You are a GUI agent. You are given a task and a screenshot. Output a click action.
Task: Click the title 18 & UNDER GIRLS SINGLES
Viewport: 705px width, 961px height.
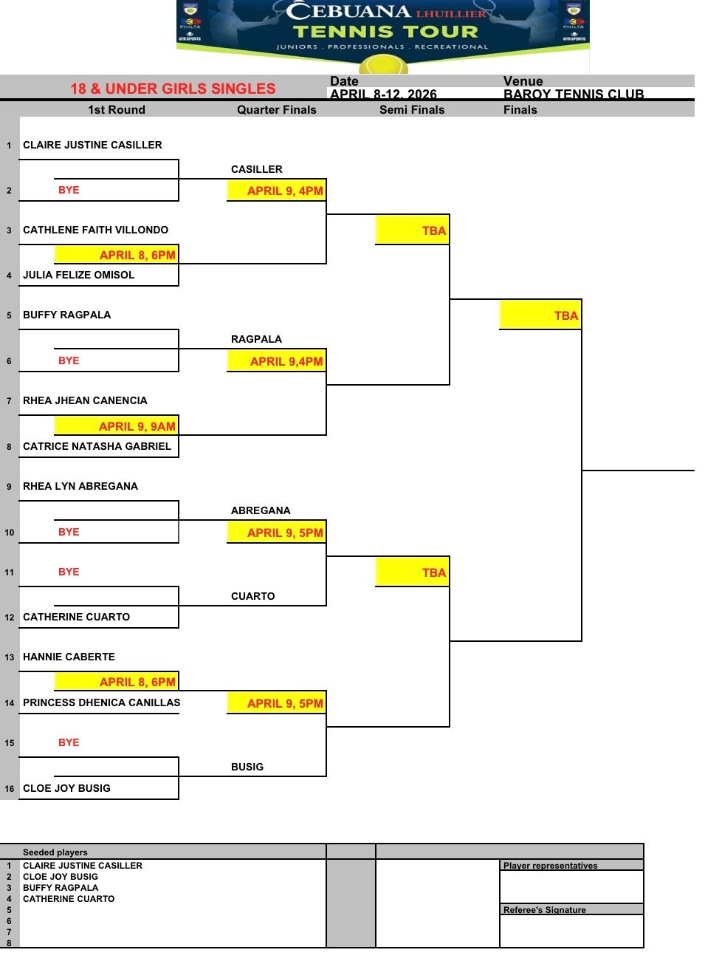click(x=173, y=89)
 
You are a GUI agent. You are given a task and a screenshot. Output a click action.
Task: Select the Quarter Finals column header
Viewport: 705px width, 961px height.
click(x=276, y=110)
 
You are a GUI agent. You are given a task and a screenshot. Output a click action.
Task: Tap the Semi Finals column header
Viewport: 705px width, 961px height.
click(x=412, y=110)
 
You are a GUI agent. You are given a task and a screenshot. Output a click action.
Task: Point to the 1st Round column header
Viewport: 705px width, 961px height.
click(x=117, y=110)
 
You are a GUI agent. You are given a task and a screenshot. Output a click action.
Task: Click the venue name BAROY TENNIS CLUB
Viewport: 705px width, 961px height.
click(x=574, y=94)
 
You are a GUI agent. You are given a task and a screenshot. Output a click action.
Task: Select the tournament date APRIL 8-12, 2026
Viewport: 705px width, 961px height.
click(x=383, y=94)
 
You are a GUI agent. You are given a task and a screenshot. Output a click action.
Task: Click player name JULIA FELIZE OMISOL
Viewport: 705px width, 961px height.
click(x=79, y=275)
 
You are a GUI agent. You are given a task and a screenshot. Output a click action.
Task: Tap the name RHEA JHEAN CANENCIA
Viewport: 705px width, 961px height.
click(x=85, y=400)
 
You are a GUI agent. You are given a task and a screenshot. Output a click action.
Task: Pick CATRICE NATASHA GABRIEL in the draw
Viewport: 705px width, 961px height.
click(x=97, y=446)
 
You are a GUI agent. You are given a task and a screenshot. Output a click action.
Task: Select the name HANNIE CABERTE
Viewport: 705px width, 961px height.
click(x=69, y=657)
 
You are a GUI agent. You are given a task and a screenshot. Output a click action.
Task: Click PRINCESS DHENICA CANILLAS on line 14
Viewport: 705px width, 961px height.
click(x=101, y=702)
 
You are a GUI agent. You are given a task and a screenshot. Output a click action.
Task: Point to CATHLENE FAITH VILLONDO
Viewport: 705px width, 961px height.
click(x=95, y=230)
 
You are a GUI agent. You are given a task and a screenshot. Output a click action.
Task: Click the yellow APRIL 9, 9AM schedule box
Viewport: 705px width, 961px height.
click(x=117, y=425)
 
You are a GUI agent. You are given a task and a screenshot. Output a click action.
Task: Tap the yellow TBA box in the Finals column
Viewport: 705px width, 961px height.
click(x=540, y=315)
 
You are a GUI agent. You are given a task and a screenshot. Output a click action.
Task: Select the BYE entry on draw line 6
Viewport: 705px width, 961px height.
click(x=69, y=360)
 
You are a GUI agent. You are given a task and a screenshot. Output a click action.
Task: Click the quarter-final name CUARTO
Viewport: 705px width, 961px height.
click(x=252, y=596)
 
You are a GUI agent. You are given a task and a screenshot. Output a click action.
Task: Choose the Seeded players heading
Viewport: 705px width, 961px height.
click(x=55, y=852)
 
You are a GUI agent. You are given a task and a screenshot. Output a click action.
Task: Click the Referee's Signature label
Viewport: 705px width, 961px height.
click(x=545, y=910)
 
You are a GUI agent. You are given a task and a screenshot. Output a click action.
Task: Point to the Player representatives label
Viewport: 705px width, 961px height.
click(x=551, y=866)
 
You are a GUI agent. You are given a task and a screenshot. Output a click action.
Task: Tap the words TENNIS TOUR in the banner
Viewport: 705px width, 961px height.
click(x=385, y=32)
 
